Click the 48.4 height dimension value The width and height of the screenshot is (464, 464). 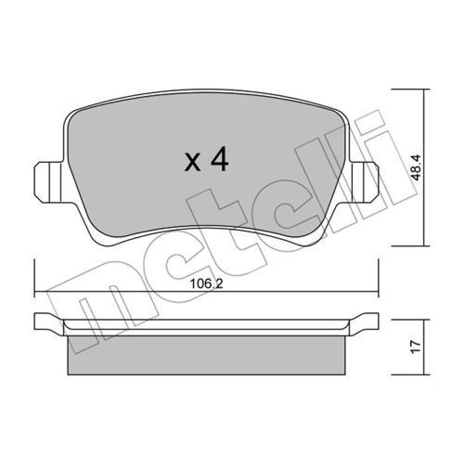tap(416, 168)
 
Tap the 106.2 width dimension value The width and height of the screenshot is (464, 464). tap(206, 284)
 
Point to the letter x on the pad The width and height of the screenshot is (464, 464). tap(192, 163)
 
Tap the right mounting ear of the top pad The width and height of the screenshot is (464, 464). tap(364, 182)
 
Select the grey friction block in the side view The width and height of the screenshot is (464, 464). tap(206, 355)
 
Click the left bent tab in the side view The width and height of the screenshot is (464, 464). tap(49, 323)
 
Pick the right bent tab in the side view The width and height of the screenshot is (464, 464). tap(364, 323)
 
